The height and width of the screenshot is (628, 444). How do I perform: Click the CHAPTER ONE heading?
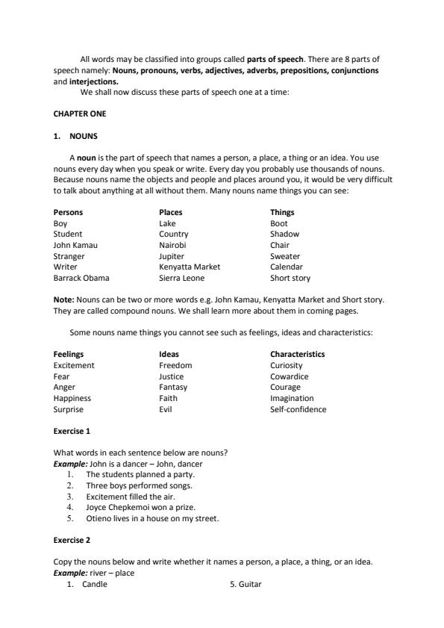tap(80, 114)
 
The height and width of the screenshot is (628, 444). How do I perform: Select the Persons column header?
tap(68, 213)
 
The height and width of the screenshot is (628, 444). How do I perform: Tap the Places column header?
tap(171, 213)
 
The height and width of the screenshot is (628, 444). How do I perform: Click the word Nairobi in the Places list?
tap(172, 245)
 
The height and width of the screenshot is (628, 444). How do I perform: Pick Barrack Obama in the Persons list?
tap(81, 278)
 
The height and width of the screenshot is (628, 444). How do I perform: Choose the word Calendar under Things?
tap(287, 267)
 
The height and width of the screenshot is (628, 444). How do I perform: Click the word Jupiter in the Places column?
tap(172, 256)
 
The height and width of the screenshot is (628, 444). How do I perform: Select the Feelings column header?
tap(69, 355)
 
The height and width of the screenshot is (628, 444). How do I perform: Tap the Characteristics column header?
tap(297, 355)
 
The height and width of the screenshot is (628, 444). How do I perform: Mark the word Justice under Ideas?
tap(171, 376)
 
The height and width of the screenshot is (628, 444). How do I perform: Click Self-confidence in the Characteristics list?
tap(298, 409)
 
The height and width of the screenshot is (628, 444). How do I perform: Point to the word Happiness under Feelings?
tap(72, 399)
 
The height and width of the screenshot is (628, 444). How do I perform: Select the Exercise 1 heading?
tap(72, 432)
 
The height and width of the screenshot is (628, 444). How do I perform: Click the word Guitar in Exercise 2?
tap(250, 585)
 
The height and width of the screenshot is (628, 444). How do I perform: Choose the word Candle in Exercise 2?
tap(96, 585)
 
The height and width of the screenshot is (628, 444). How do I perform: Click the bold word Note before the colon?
tap(63, 299)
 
